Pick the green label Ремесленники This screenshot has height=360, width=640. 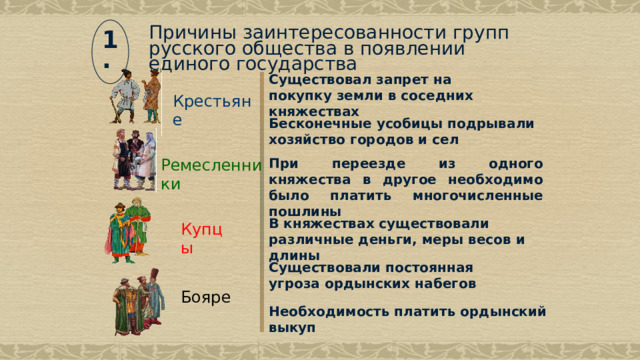210,174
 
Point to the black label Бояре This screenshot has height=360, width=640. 206,297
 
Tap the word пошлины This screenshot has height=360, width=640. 306,211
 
